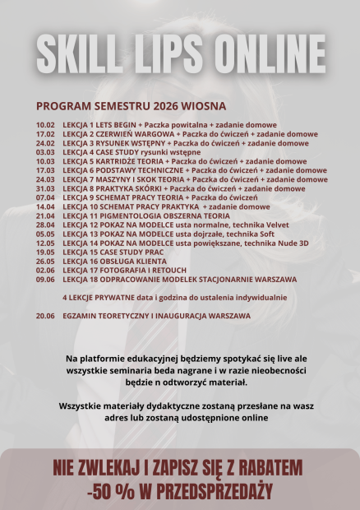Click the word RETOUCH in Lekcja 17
point(167,270)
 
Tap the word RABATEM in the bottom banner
point(267,468)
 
